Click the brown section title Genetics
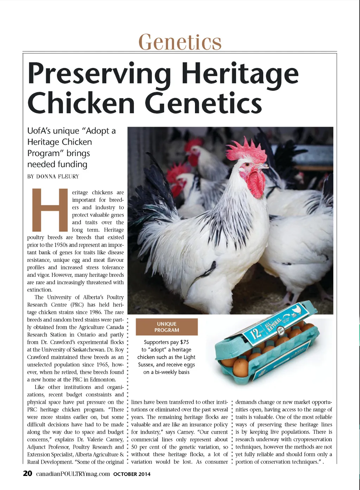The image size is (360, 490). (x=180, y=42)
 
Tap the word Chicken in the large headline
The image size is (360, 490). (x=81, y=103)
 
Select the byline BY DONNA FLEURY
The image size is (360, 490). (x=53, y=177)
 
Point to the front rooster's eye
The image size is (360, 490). (x=247, y=164)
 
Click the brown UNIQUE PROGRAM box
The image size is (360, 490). (x=166, y=327)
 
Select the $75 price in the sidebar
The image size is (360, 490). (x=184, y=342)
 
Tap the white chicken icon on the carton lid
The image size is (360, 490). (x=297, y=310)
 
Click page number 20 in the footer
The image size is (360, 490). (x=27, y=473)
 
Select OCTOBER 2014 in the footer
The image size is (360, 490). (x=132, y=474)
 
